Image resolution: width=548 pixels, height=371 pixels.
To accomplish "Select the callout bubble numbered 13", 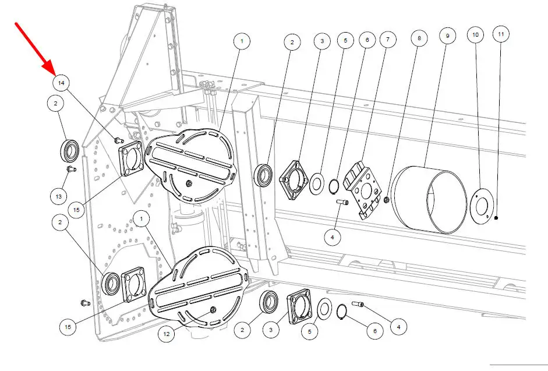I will point(58,197).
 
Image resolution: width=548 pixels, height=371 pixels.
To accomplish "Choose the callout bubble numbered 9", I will point(447,36).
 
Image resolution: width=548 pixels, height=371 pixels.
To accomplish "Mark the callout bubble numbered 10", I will point(475,35).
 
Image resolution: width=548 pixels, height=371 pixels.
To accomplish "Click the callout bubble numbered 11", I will point(501,34).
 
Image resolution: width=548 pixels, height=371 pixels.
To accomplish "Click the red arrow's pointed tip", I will point(54,75).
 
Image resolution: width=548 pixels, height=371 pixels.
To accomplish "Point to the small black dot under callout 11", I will point(496,218).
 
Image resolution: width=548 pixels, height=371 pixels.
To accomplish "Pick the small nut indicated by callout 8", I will point(387,201).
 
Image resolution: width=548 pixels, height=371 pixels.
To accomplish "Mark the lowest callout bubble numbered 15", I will point(68,327).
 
